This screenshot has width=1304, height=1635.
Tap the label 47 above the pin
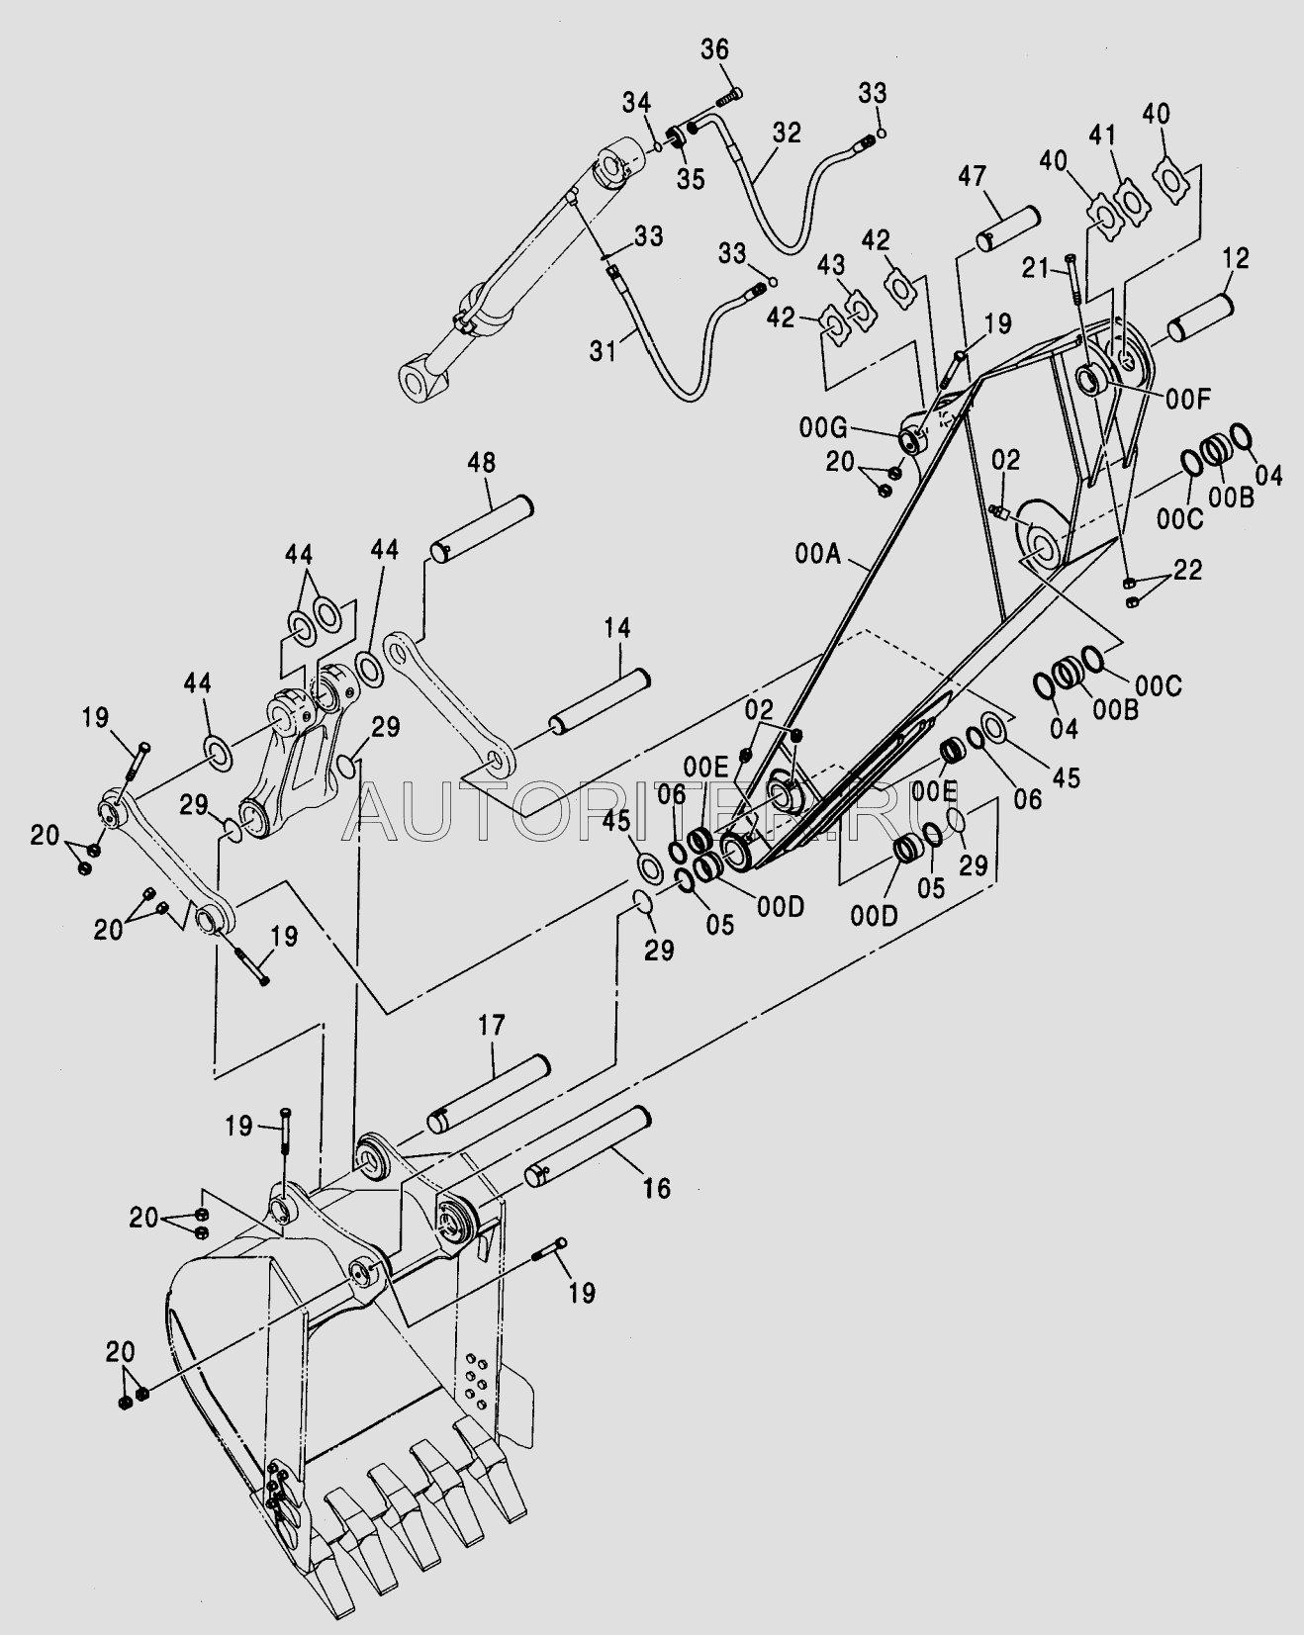click(x=973, y=179)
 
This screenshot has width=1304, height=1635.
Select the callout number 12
click(x=1235, y=259)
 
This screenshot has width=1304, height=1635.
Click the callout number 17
click(x=492, y=1025)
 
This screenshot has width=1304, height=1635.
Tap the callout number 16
click(x=656, y=1187)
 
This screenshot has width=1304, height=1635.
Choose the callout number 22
click(x=1187, y=570)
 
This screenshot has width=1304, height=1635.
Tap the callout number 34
click(x=636, y=101)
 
